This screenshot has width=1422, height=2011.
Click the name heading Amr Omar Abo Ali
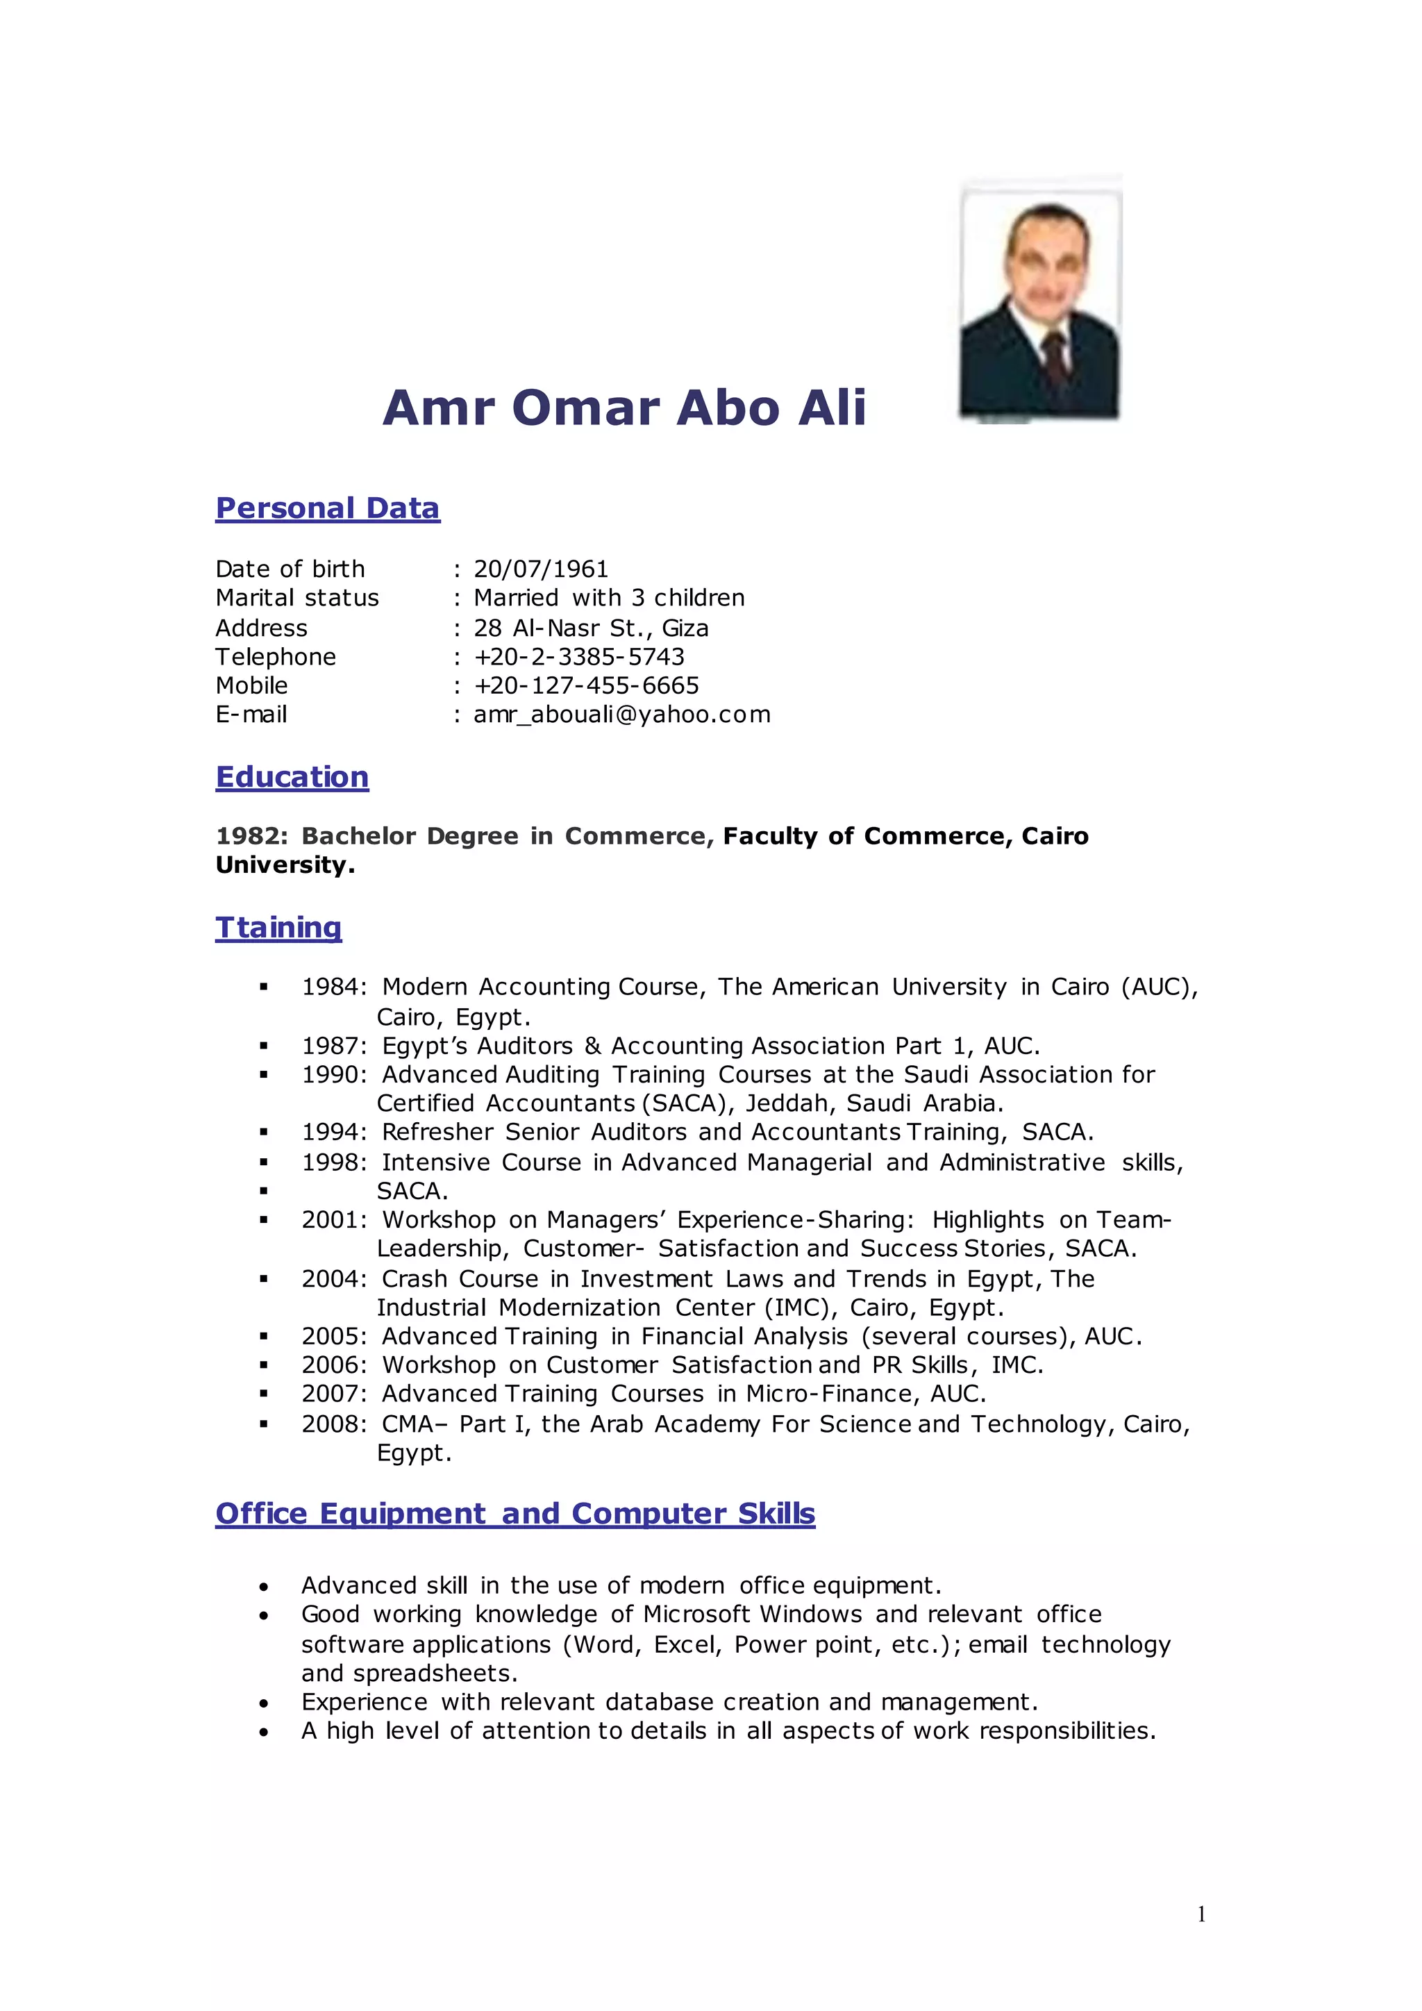point(624,408)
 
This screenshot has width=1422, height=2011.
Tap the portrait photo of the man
point(1039,298)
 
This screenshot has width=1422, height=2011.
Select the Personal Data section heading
point(328,508)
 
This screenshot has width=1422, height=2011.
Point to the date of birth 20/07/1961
point(540,569)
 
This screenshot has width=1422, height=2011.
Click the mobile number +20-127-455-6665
point(586,686)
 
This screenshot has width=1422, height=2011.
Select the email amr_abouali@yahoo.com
point(621,715)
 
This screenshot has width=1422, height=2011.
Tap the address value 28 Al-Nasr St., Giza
point(591,628)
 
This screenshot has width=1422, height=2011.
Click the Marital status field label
point(297,598)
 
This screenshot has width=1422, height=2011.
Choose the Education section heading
point(292,777)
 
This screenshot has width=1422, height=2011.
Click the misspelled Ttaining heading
point(278,928)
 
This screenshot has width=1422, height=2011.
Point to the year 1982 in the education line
point(251,837)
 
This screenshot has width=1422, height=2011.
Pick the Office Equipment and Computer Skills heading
point(515,1514)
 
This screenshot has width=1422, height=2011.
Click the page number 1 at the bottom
point(1201,1914)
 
